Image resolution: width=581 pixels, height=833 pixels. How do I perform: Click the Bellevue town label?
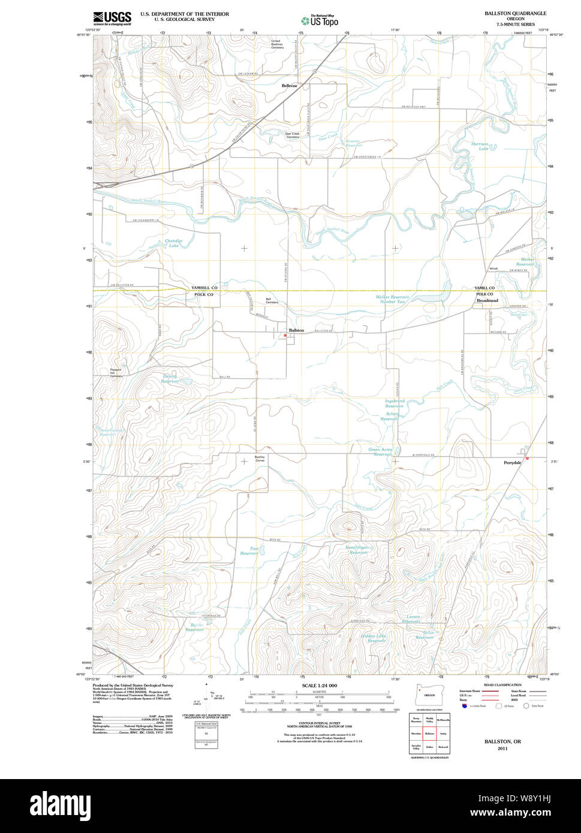click(290, 86)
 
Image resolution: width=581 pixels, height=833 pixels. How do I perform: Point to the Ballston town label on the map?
click(296, 330)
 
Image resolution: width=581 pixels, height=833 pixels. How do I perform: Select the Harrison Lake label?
click(480, 146)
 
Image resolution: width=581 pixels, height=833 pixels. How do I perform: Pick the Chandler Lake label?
click(174, 243)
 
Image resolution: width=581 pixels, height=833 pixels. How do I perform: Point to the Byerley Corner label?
click(260, 458)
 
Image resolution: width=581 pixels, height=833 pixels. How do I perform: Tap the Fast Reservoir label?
click(249, 551)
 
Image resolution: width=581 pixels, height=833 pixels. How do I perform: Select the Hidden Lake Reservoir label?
click(373, 638)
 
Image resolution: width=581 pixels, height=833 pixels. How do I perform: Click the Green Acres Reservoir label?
click(380, 451)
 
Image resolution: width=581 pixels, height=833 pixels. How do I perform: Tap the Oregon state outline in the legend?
click(429, 695)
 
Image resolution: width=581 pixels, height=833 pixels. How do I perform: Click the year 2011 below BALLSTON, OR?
click(502, 748)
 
